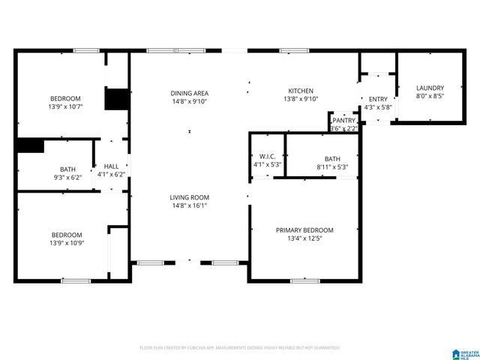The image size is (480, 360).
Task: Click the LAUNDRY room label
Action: tap(430, 88)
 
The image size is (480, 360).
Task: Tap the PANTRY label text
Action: tap(343, 120)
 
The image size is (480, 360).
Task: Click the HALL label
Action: tap(111, 166)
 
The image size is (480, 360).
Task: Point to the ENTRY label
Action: tap(378, 99)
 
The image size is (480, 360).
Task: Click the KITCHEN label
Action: tap(301, 91)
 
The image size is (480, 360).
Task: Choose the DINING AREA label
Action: tap(188, 93)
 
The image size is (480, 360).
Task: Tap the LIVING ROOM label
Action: tap(188, 196)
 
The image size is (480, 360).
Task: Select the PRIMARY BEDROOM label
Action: tap(304, 230)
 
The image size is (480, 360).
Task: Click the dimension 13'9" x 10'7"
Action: tap(65, 106)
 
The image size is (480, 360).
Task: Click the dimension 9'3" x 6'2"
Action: tap(67, 177)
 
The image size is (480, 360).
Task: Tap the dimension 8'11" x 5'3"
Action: tap(332, 166)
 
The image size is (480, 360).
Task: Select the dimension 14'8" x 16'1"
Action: tap(188, 205)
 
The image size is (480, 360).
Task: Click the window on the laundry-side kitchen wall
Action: tap(293, 51)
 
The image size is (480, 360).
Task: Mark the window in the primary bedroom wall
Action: tap(304, 281)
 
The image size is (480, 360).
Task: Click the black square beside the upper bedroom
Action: tap(116, 100)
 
